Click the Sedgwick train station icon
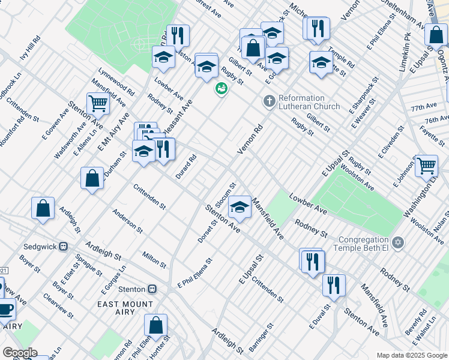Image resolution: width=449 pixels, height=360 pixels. click(x=63, y=247)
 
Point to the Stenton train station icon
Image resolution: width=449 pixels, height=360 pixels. click(x=152, y=289)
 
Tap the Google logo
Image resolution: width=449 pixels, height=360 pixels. click(x=19, y=352)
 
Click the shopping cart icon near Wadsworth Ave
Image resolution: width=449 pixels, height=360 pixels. click(x=97, y=103)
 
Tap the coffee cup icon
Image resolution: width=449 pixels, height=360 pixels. click(x=5, y=309)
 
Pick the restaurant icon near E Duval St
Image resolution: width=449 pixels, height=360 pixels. click(x=334, y=284)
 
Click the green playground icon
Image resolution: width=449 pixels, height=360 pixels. click(x=221, y=89)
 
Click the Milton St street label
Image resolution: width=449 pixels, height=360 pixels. click(x=155, y=260)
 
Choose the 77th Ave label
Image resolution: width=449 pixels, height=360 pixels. click(x=424, y=106)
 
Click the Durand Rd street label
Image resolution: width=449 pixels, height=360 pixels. click(x=186, y=167)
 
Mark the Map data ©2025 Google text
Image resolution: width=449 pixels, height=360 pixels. click(x=411, y=355)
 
